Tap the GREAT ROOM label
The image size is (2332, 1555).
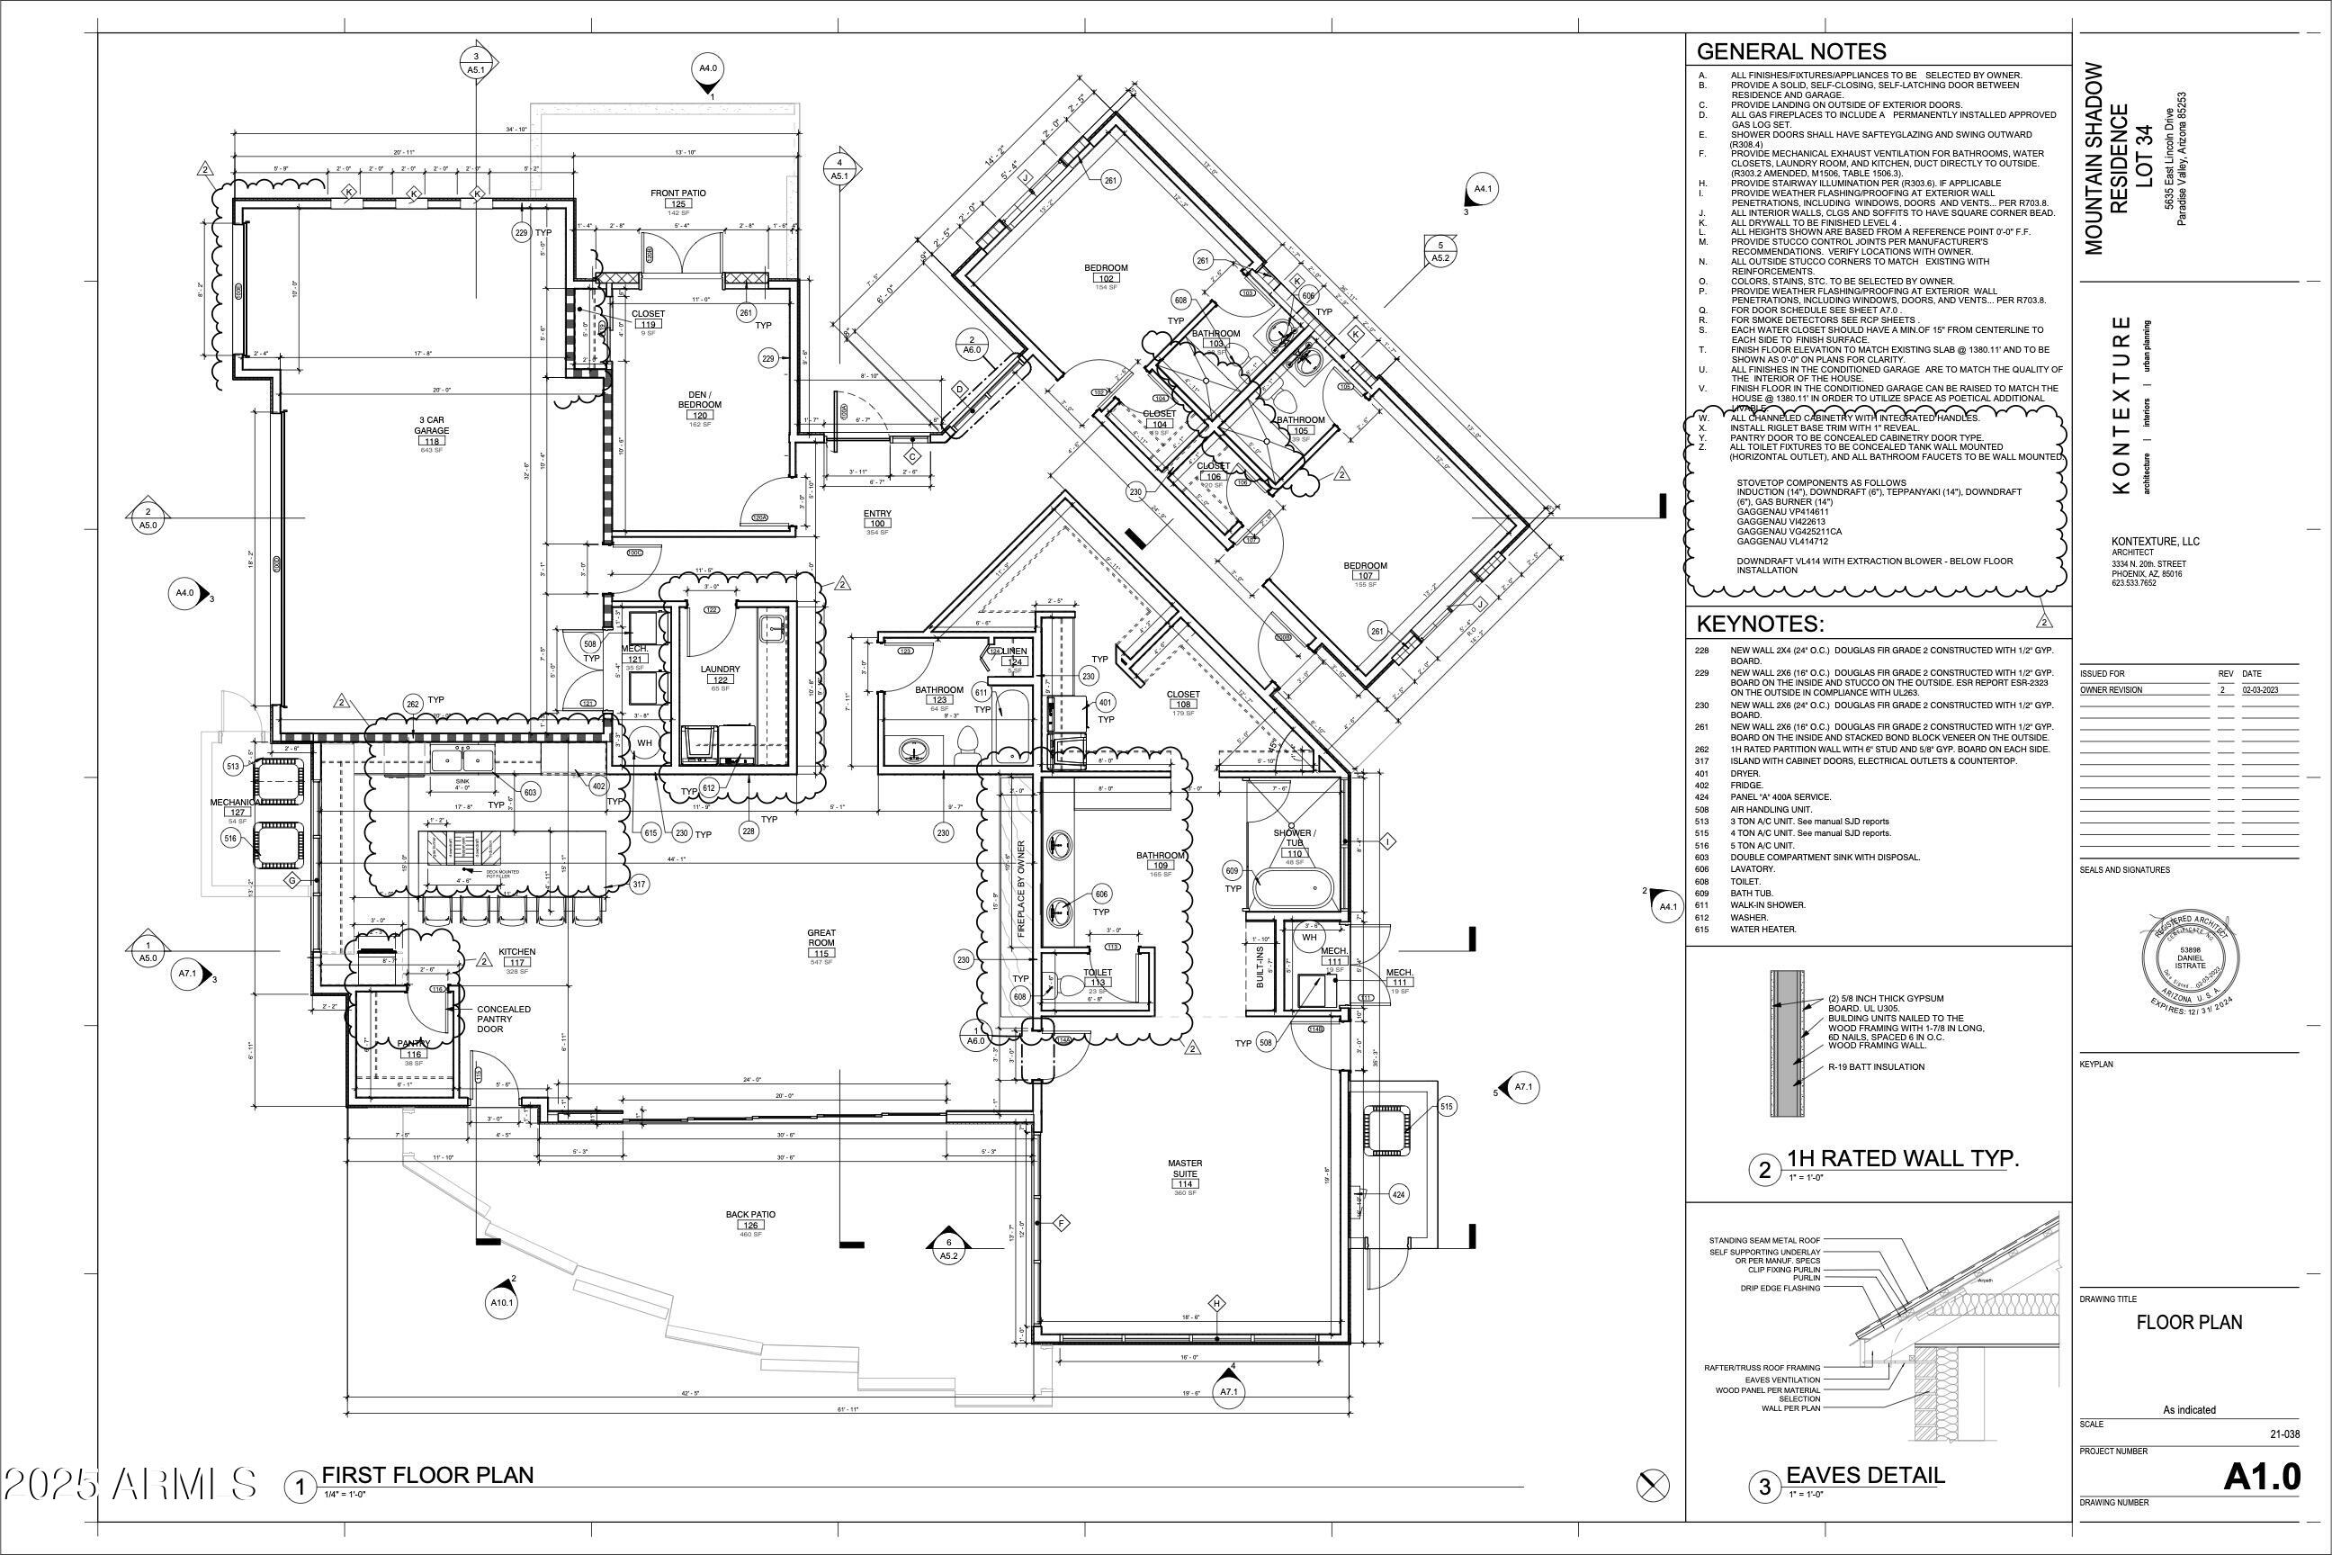pos(821,939)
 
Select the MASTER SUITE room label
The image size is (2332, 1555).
pos(1185,1169)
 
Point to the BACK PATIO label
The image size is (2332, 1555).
pos(750,1215)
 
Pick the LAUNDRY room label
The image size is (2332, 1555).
pos(720,670)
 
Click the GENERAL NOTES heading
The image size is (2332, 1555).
pos(1791,51)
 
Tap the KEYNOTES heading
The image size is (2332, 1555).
pos(1760,624)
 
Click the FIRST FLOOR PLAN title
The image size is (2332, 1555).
pos(427,1476)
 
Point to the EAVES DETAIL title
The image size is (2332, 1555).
pos(1865,1476)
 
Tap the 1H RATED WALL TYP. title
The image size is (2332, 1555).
pos(1903,1158)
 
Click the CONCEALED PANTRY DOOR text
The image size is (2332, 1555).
pos(504,1020)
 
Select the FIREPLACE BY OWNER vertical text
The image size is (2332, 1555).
pos(1021,890)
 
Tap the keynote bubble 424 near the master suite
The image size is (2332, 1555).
pos(1398,1194)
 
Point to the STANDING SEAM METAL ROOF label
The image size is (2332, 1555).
pos(1764,1241)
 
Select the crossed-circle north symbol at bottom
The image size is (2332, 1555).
pos(1651,1486)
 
